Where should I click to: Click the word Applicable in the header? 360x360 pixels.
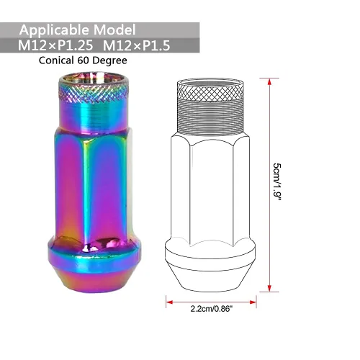coord(55,30)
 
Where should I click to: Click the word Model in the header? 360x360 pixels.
coord(114,30)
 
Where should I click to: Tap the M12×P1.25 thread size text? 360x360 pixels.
coord(55,45)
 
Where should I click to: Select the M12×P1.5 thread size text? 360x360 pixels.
coord(137,45)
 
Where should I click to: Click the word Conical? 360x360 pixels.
coord(56,60)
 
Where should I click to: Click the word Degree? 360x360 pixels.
coord(109,60)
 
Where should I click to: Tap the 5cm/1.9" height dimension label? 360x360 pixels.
coord(277,182)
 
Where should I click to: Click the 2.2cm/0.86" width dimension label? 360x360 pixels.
coord(212,308)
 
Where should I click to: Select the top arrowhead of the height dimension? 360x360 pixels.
coord(269,82)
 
